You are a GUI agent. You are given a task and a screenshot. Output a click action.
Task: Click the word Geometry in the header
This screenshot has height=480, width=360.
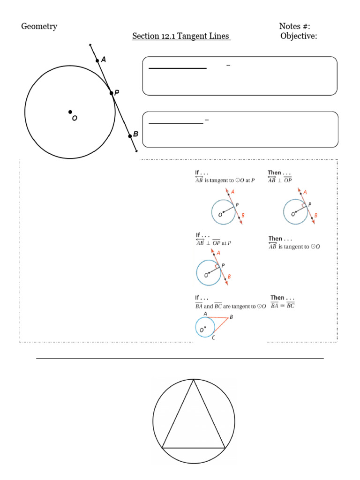(39, 26)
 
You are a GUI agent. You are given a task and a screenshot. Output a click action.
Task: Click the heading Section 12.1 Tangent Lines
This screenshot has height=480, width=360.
(181, 36)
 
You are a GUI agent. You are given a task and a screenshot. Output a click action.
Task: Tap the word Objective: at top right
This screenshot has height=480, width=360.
(299, 36)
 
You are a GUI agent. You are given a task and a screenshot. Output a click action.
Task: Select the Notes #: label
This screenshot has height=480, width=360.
(294, 26)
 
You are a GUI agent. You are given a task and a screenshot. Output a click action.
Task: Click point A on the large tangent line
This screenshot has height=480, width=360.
(97, 60)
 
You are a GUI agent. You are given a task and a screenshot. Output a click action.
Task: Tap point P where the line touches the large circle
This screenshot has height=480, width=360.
(112, 93)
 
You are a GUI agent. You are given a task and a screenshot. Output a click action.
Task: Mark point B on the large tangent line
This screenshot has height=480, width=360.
(130, 136)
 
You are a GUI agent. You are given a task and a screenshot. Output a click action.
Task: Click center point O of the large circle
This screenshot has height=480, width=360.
(70, 112)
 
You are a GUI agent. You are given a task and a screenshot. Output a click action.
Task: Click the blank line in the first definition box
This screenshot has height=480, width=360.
(177, 68)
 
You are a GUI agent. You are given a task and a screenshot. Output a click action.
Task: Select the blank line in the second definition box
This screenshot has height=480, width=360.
(176, 123)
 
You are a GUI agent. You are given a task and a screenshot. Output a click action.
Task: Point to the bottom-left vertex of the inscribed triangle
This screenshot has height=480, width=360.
(162, 448)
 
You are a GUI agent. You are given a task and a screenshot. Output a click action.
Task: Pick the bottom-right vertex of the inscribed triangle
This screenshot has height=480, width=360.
(225, 448)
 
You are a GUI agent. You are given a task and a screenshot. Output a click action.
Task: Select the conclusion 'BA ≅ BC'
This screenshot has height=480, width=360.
(283, 306)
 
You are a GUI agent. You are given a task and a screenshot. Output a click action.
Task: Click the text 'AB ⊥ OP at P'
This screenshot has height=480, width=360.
(213, 243)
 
